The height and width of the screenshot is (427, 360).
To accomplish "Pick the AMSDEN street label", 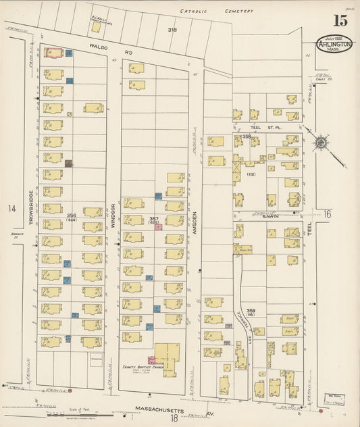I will click(194, 223).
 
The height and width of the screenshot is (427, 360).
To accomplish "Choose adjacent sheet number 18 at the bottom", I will click(174, 418).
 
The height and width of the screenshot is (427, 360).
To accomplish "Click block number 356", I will click(72, 216).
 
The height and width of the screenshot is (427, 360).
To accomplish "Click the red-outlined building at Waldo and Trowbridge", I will click(53, 52).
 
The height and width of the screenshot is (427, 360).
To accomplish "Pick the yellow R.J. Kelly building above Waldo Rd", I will click(97, 27).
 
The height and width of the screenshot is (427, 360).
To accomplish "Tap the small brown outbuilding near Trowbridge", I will click(68, 163).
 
